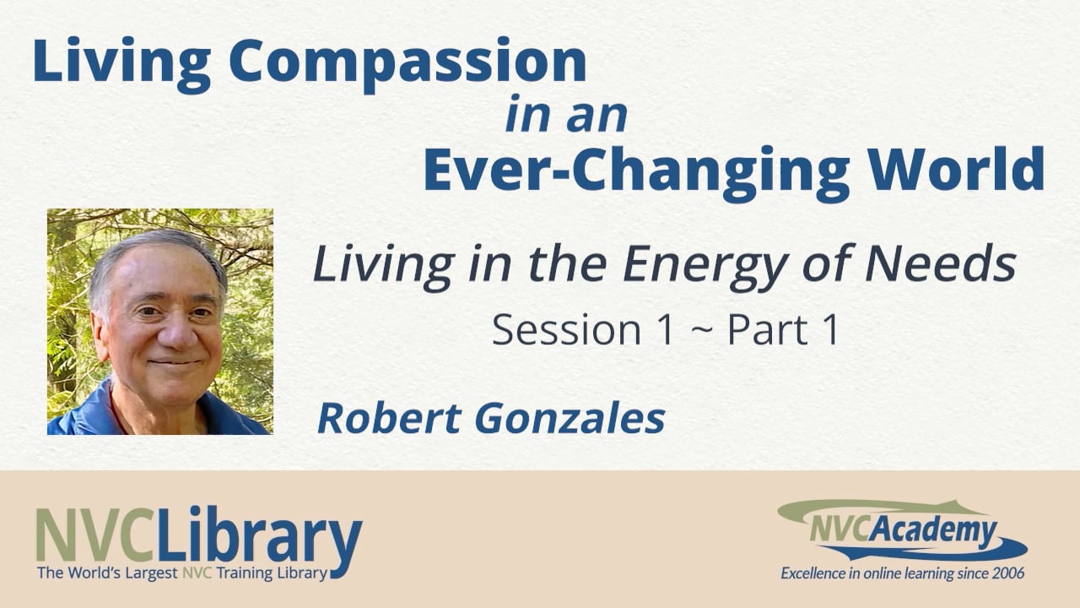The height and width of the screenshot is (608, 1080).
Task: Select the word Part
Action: (x=764, y=330)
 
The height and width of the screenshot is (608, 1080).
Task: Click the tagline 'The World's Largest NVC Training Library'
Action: (x=181, y=574)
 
